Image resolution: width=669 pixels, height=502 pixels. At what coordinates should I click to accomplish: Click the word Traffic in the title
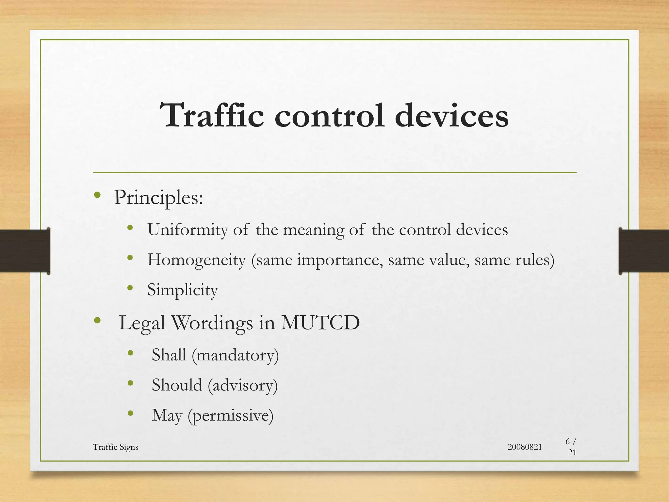click(212, 115)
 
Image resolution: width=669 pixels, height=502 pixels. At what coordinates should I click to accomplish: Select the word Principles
click(158, 198)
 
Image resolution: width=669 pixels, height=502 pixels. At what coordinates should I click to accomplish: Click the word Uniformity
click(188, 230)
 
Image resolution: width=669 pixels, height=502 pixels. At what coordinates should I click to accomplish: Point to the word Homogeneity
click(196, 260)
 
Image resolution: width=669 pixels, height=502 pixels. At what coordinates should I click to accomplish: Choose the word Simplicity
click(182, 290)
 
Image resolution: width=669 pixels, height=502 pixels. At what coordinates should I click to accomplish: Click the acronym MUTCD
click(320, 323)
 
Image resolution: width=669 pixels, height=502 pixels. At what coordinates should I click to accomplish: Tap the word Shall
click(169, 355)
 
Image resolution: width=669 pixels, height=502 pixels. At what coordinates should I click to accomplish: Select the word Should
click(177, 385)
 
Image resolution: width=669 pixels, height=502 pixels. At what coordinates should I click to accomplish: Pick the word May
click(167, 416)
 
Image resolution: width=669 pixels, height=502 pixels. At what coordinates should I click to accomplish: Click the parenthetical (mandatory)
click(235, 355)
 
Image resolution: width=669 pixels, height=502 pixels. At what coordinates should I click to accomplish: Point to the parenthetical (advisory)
click(243, 385)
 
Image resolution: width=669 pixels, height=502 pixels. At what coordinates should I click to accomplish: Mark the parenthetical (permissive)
click(231, 416)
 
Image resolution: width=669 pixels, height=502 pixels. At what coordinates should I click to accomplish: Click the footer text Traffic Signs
click(115, 447)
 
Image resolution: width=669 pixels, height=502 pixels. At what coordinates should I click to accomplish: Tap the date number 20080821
click(525, 447)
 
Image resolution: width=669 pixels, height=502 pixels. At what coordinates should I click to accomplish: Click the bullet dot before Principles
click(97, 195)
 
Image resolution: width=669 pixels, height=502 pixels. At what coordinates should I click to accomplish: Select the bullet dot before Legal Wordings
click(97, 320)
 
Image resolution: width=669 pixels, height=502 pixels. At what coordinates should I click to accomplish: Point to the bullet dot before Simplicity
click(130, 288)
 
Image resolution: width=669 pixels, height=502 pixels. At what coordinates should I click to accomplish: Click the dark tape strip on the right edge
click(644, 251)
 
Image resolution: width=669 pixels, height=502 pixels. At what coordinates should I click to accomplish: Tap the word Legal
click(142, 323)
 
